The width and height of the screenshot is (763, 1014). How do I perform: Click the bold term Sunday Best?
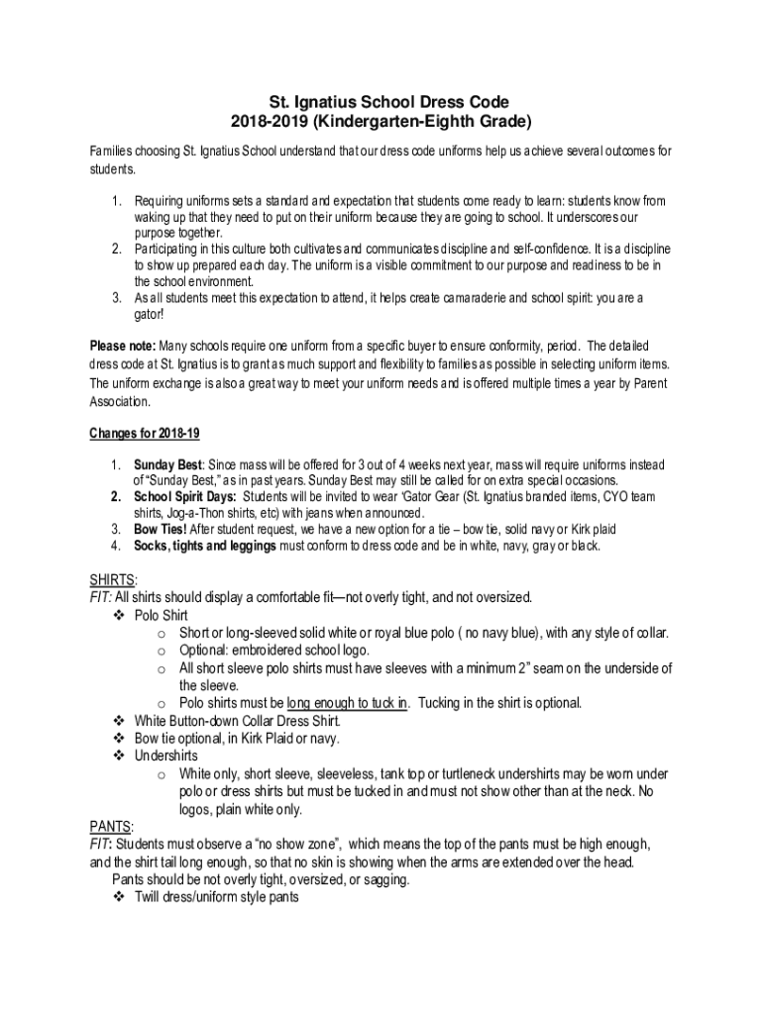click(x=169, y=464)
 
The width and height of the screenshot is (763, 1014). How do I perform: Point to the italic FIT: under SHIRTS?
click(x=100, y=597)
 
